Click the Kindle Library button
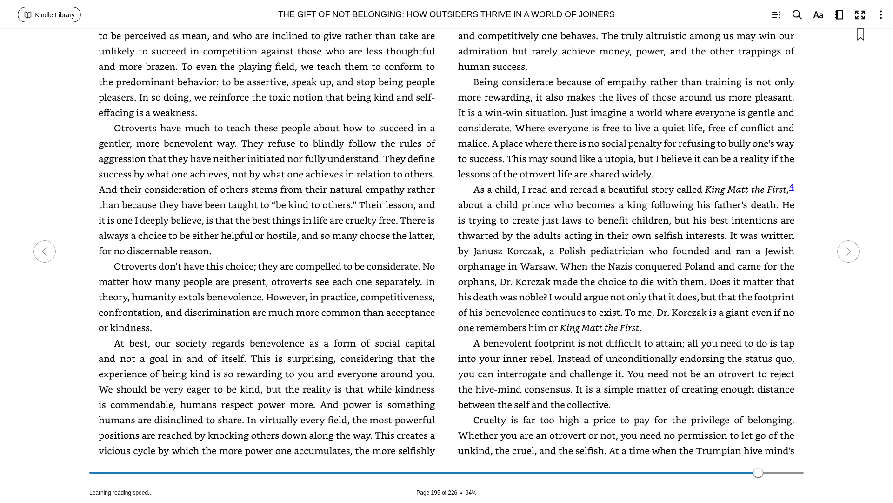click(49, 15)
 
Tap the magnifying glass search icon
click(797, 15)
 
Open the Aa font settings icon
click(818, 15)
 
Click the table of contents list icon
click(776, 15)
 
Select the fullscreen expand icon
click(860, 15)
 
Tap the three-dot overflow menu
click(880, 15)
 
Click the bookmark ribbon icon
click(860, 35)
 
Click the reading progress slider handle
click(758, 473)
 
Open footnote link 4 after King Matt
click(792, 187)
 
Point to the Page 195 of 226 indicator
click(436, 493)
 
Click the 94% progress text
click(471, 493)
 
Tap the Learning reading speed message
click(121, 493)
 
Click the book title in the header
click(446, 15)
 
